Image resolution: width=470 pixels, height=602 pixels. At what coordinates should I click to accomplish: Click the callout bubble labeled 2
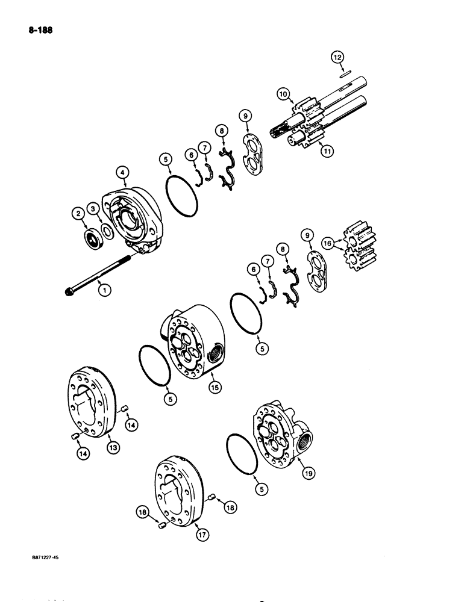coord(77,213)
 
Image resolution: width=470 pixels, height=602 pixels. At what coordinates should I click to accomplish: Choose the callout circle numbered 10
coord(282,93)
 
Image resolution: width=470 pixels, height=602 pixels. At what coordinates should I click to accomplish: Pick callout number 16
coord(327,243)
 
